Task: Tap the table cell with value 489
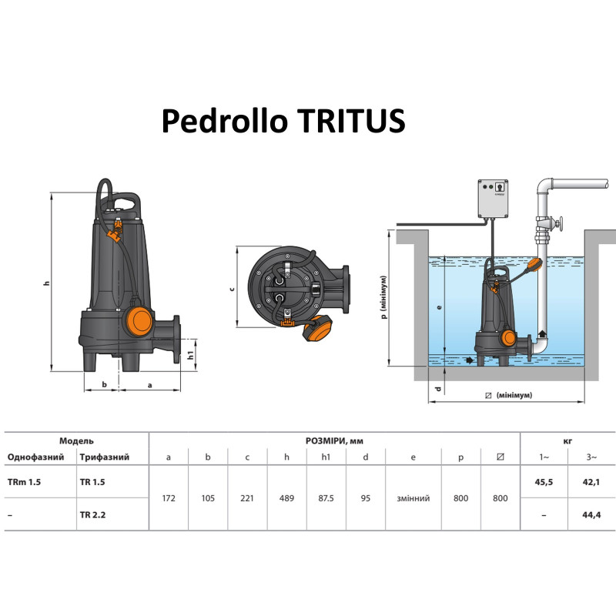click(287, 498)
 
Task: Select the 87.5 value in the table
click(326, 498)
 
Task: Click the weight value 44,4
click(591, 514)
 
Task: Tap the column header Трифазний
click(103, 457)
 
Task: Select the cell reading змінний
click(413, 498)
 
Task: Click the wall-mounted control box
click(494, 197)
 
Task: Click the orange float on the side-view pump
click(139, 317)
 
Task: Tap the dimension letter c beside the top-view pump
click(233, 290)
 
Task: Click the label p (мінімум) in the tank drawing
click(383, 296)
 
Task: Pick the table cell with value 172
click(169, 498)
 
